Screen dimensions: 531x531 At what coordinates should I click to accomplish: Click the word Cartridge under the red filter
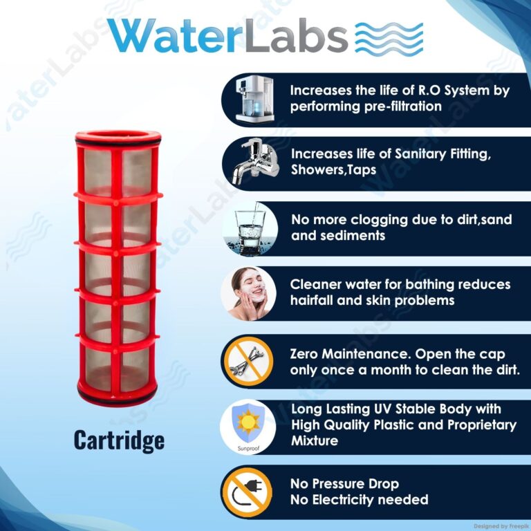point(119,440)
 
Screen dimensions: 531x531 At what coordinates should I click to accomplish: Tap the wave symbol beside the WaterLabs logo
point(389,37)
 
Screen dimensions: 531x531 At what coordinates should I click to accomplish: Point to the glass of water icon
point(250,229)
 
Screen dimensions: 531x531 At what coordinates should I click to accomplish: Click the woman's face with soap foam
point(249,293)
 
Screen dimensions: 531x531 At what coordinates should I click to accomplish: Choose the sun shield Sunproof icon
point(248,427)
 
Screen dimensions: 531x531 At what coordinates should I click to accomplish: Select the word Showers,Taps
point(333,169)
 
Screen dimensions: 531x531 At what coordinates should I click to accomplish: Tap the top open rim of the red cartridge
point(118,136)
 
